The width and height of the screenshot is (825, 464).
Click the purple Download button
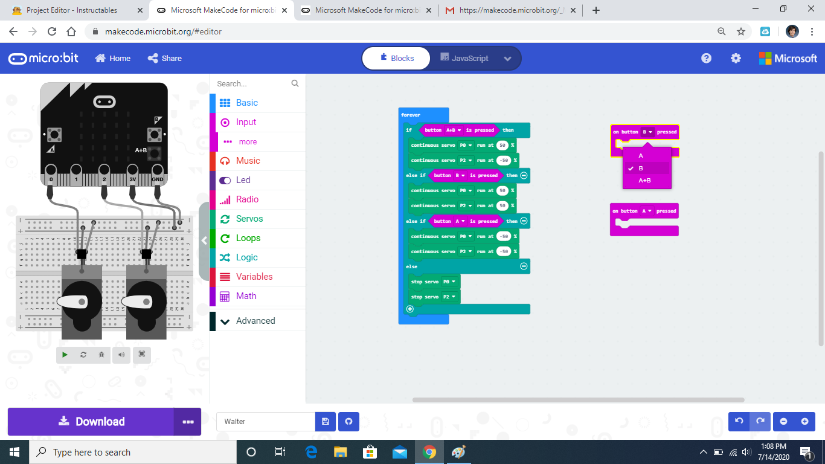[x=91, y=422]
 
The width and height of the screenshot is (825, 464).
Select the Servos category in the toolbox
[x=249, y=219]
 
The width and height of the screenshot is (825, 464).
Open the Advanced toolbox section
[x=255, y=321]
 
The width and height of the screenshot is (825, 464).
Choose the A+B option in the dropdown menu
[x=644, y=180]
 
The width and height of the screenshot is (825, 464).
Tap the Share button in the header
[x=165, y=58]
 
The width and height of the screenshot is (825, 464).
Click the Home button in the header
[x=113, y=58]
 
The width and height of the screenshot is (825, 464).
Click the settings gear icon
[x=736, y=58]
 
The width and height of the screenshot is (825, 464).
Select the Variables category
[x=254, y=277]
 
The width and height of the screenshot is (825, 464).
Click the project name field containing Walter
[x=266, y=422]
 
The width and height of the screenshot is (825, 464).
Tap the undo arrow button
[x=739, y=421]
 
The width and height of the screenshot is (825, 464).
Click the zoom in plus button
[x=804, y=421]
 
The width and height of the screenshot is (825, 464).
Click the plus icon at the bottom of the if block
[x=410, y=309]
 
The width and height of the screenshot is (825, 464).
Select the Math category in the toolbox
[x=246, y=296]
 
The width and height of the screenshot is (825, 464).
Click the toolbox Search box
[x=254, y=83]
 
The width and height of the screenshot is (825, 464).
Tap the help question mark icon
[x=706, y=58]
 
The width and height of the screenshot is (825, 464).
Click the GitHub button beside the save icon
[x=348, y=422]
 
